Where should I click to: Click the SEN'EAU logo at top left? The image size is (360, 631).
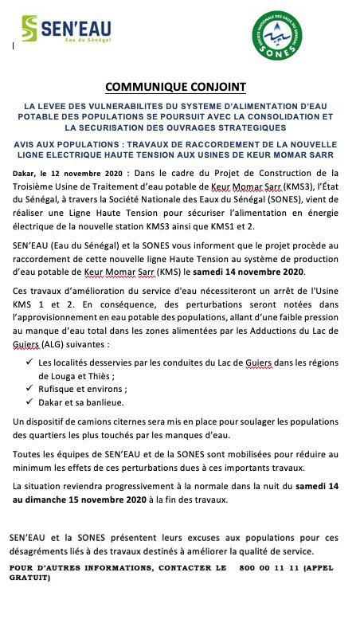(x=72, y=32)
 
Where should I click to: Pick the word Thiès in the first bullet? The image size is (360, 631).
(x=133, y=376)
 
